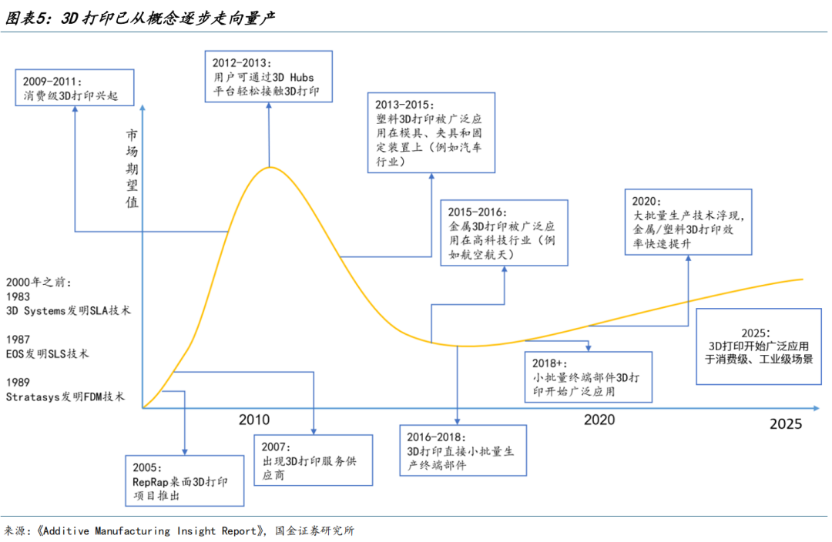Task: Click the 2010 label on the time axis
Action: pos(253,420)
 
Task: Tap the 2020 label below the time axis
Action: pos(599,420)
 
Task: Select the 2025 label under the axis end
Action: pos(786,423)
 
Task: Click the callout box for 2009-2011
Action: pos(74,88)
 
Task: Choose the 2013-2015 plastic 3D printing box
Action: pos(431,132)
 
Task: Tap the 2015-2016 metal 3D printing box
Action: pos(504,233)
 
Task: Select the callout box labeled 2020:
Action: pos(688,222)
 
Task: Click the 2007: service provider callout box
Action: pos(313,460)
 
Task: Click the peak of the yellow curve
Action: pos(269,167)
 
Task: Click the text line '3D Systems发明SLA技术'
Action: pos(69,311)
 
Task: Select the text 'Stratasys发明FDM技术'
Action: pos(65,396)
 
